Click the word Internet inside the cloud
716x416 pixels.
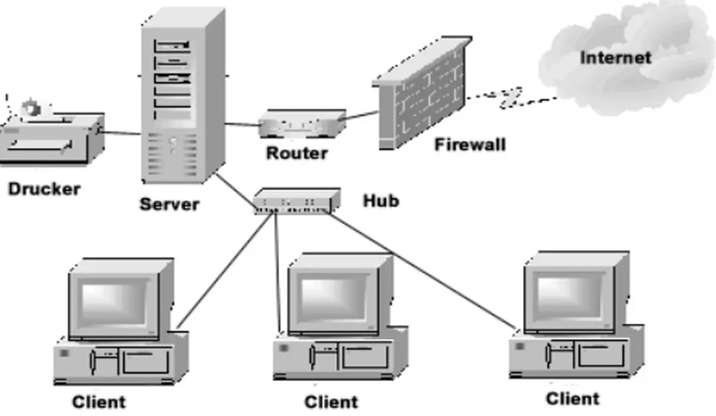[x=615, y=58]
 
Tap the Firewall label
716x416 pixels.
[x=470, y=144]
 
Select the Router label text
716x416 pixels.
[x=297, y=153]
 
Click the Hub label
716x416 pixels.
[x=381, y=200]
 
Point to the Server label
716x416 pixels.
[x=169, y=204]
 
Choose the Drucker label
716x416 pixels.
[x=44, y=189]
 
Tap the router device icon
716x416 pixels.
[x=301, y=124]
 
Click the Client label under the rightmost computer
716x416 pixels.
[x=573, y=399]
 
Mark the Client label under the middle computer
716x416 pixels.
[x=331, y=401]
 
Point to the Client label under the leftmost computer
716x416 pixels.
[x=98, y=401]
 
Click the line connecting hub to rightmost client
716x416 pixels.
[x=424, y=272]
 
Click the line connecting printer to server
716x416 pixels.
[x=122, y=133]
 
